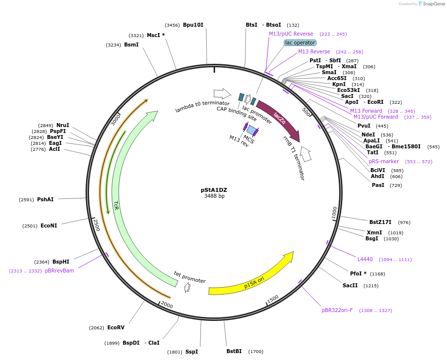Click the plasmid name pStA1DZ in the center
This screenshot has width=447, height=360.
coord(214,189)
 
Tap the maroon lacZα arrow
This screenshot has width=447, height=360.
coord(278,119)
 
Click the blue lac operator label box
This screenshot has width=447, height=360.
coord(300,43)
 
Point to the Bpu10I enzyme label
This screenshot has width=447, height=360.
coord(193,25)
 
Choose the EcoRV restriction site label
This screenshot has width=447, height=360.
coord(116,327)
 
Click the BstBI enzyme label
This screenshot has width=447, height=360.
coord(234,351)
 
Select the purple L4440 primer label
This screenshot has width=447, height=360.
coord(365,259)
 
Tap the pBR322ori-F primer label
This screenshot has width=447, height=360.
coord(337,311)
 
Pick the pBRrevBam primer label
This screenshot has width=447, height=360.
coord(59,270)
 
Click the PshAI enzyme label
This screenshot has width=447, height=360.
coord(45,199)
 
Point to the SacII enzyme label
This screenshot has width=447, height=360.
coord(350,285)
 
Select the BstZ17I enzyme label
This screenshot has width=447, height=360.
coord(380,222)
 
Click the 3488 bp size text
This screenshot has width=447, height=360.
coord(214,196)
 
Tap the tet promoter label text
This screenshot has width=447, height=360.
coord(189,277)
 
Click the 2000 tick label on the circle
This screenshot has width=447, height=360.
coord(167,305)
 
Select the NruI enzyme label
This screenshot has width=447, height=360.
coord(63,125)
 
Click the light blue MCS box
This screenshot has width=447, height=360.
coord(252,131)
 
